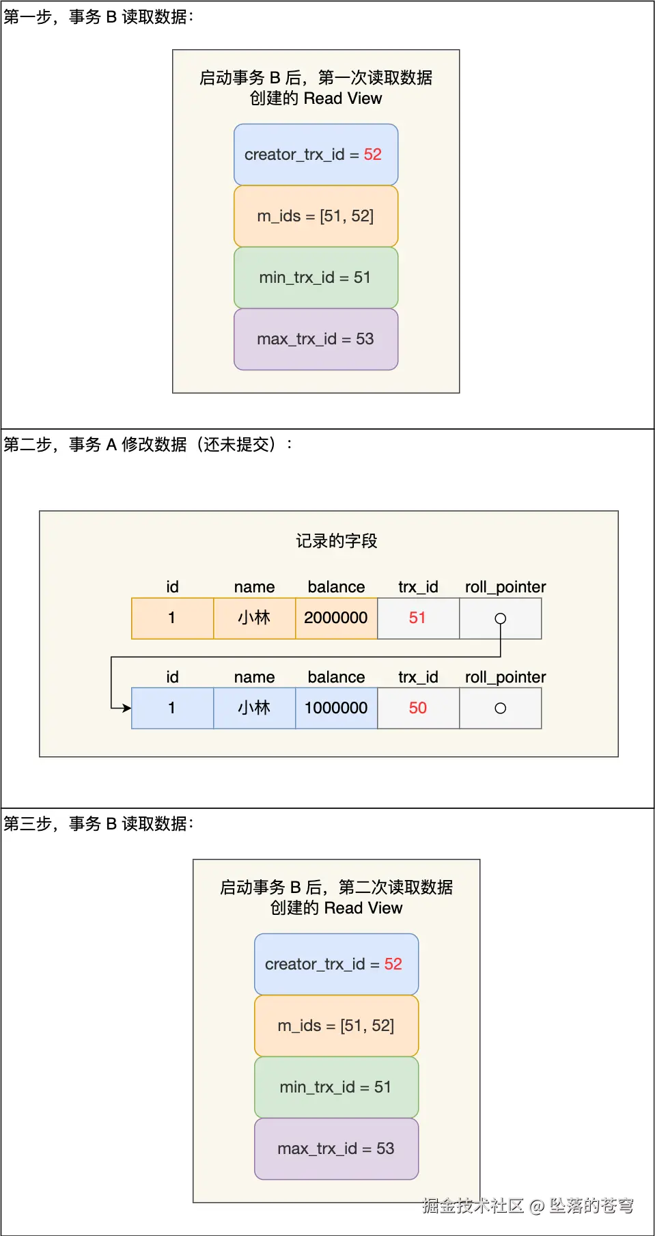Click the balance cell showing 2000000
pyautogui.click(x=336, y=618)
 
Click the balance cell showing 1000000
pyautogui.click(x=336, y=709)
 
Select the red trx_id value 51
pyautogui.click(x=417, y=618)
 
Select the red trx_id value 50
pyautogui.click(x=418, y=709)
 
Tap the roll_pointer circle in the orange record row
pyautogui.click(x=501, y=618)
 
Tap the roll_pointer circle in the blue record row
pyautogui.click(x=501, y=709)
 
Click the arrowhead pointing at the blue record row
pyautogui.click(x=127, y=709)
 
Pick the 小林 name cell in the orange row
pyautogui.click(x=254, y=618)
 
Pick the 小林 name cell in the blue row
pyautogui.click(x=254, y=709)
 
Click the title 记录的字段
pyautogui.click(x=336, y=541)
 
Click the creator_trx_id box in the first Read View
pyautogui.click(x=316, y=154)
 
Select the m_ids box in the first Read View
pyautogui.click(x=316, y=216)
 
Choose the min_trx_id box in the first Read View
pyautogui.click(x=316, y=277)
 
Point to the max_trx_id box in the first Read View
pyautogui.click(x=316, y=339)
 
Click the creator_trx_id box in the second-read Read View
pyautogui.click(x=336, y=964)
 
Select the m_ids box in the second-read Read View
pyautogui.click(x=336, y=1026)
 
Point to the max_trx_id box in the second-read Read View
pyautogui.click(x=336, y=1149)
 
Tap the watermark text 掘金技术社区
pyautogui.click(x=473, y=1205)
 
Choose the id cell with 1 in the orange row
pyautogui.click(x=172, y=618)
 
